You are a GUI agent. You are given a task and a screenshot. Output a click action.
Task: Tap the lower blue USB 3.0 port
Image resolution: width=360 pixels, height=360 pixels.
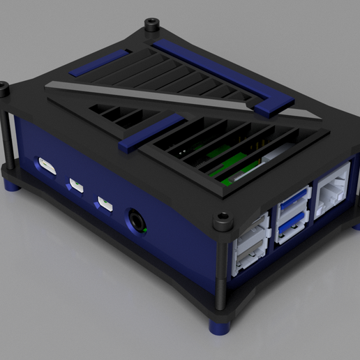coord(292,227)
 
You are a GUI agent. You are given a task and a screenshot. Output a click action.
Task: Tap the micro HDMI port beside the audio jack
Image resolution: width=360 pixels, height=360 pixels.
coord(105,203)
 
